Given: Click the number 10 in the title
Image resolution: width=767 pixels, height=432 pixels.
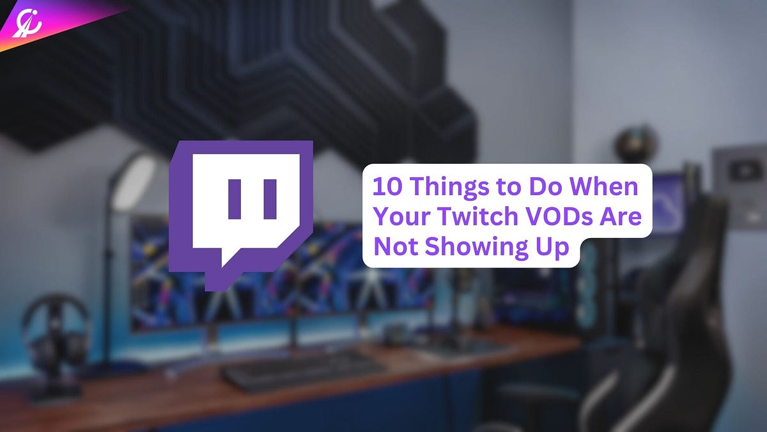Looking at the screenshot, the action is point(385,186).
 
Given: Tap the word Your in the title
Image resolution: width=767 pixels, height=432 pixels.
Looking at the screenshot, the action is point(403,217).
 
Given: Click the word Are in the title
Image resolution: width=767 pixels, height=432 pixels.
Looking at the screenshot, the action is point(621,217).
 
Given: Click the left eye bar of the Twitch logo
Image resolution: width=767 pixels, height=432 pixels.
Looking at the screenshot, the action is point(235,199).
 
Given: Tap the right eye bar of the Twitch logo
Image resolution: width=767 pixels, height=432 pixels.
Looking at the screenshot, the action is point(270,199).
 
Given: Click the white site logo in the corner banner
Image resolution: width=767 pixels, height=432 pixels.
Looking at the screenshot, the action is point(27,24).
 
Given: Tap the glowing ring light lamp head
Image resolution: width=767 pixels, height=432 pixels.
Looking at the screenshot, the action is point(134,182).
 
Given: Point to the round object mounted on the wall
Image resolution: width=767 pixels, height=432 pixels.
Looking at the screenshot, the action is point(635,144).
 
